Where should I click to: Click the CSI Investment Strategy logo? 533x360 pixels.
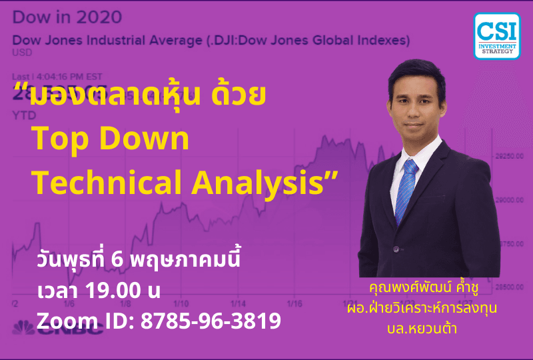(x=497, y=35)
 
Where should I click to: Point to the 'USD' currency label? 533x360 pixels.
(x=21, y=52)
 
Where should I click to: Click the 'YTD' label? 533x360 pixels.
(x=23, y=115)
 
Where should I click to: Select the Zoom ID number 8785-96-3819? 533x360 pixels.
(x=210, y=321)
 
